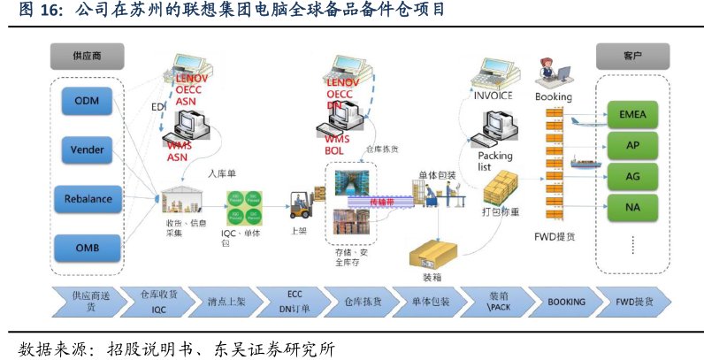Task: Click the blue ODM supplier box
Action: [x=87, y=101]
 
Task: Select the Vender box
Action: [x=87, y=149]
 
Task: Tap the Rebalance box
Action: [x=87, y=198]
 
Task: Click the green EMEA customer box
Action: [x=632, y=115]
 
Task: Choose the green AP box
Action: [x=632, y=146]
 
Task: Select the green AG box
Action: [x=632, y=177]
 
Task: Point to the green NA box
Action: [x=632, y=209]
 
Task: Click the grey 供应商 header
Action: [x=87, y=56]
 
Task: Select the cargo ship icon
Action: [x=583, y=163]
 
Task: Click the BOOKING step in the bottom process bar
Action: [x=566, y=302]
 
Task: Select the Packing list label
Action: [x=495, y=161]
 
